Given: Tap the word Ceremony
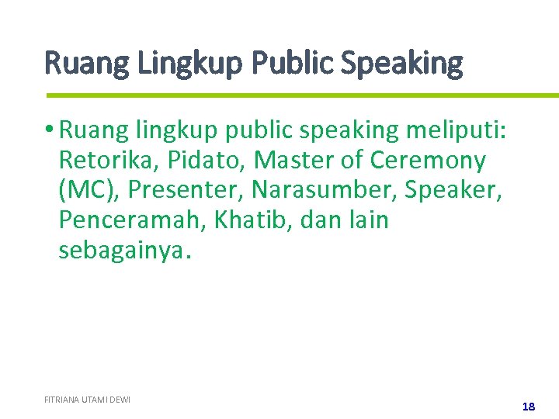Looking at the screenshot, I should tap(429, 160).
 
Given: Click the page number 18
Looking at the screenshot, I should tap(529, 406).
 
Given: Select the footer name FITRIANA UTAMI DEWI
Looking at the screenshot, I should tap(87, 400).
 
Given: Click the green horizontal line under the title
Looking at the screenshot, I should tap(302, 95).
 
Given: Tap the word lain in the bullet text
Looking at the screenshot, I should tap(367, 220).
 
